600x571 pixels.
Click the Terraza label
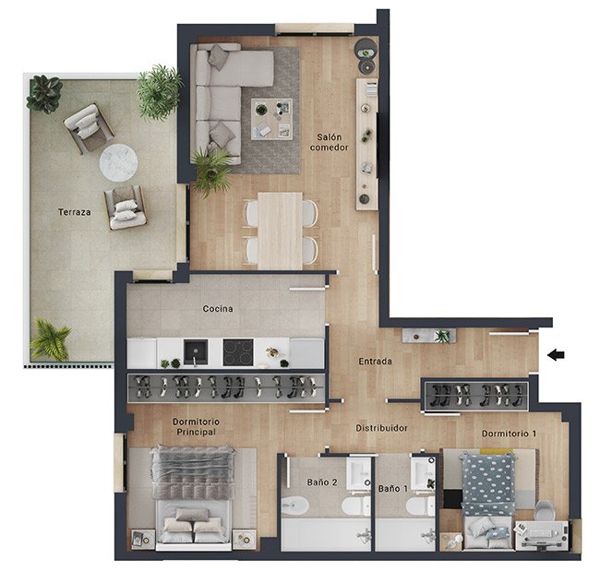click(x=75, y=212)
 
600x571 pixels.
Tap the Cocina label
click(x=218, y=309)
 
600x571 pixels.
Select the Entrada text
click(x=375, y=361)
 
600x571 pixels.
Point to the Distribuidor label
click(x=381, y=428)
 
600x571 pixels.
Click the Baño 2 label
click(x=322, y=482)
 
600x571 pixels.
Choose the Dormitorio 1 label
click(x=509, y=434)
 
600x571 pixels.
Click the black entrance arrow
click(x=556, y=355)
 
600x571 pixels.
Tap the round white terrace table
click(x=119, y=163)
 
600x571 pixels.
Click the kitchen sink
click(x=196, y=351)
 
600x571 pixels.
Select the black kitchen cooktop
click(x=238, y=351)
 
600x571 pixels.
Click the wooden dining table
click(x=280, y=231)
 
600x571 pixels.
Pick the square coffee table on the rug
click(x=271, y=119)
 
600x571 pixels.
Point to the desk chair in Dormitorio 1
click(x=544, y=510)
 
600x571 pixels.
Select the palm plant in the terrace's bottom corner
click(x=50, y=339)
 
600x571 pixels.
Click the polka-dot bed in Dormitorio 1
click(x=487, y=500)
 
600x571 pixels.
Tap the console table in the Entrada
click(x=429, y=336)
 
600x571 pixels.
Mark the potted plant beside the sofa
click(x=210, y=171)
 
